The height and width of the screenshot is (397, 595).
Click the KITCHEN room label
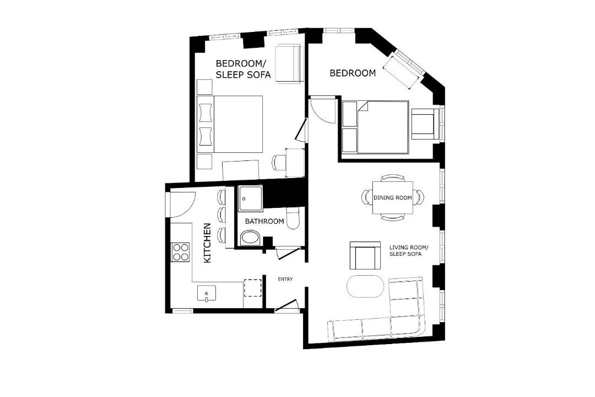click(x=207, y=243)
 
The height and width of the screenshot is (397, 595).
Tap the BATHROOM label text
click(x=264, y=221)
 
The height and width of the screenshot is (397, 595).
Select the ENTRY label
click(x=285, y=279)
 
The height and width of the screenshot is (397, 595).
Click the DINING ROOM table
click(x=393, y=197)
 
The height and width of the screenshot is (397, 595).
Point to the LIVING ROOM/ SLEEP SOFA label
click(x=409, y=250)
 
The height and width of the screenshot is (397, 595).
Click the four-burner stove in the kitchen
click(x=181, y=252)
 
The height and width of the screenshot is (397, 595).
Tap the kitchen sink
click(x=207, y=293)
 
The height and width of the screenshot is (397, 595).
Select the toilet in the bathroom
click(x=293, y=218)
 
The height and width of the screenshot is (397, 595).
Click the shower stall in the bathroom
click(x=250, y=198)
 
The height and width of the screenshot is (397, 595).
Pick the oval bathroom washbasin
click(x=250, y=238)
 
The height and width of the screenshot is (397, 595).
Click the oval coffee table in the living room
click(x=365, y=286)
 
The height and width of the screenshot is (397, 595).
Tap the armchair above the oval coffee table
click(x=365, y=255)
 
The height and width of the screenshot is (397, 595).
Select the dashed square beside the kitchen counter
click(x=252, y=288)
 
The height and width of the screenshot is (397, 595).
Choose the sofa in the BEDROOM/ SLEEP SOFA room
click(x=289, y=63)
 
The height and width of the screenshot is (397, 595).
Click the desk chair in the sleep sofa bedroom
click(x=279, y=163)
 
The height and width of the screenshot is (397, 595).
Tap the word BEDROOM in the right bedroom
click(x=353, y=73)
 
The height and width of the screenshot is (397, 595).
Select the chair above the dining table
click(x=393, y=178)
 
